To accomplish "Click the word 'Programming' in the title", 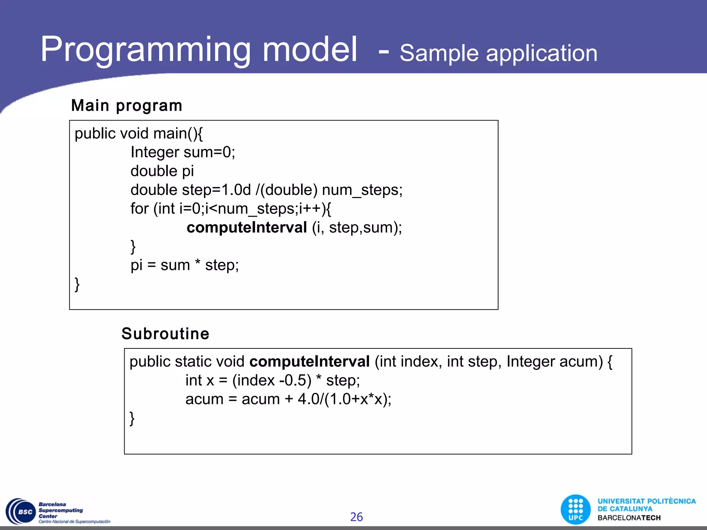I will pos(145,50).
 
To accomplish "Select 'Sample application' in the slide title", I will pos(498,53).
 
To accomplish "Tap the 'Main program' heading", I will pos(126,106).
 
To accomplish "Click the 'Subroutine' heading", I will pos(165,334).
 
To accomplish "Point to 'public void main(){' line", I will pos(138,134).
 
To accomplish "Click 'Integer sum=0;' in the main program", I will pos(183,152).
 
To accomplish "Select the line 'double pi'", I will pos(162,171).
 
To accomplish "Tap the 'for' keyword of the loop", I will pos(139,209).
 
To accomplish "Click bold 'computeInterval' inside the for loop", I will pos(246,228).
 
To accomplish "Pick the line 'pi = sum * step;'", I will pos(184,265).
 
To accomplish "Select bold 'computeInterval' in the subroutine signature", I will pos(309,362).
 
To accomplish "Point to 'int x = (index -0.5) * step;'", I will pos(272,381).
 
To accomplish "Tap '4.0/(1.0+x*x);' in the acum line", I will pos(344,399).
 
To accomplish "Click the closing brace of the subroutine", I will pos(132,418).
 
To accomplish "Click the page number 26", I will pos(356,517).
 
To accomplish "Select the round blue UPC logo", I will pos(575,509).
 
